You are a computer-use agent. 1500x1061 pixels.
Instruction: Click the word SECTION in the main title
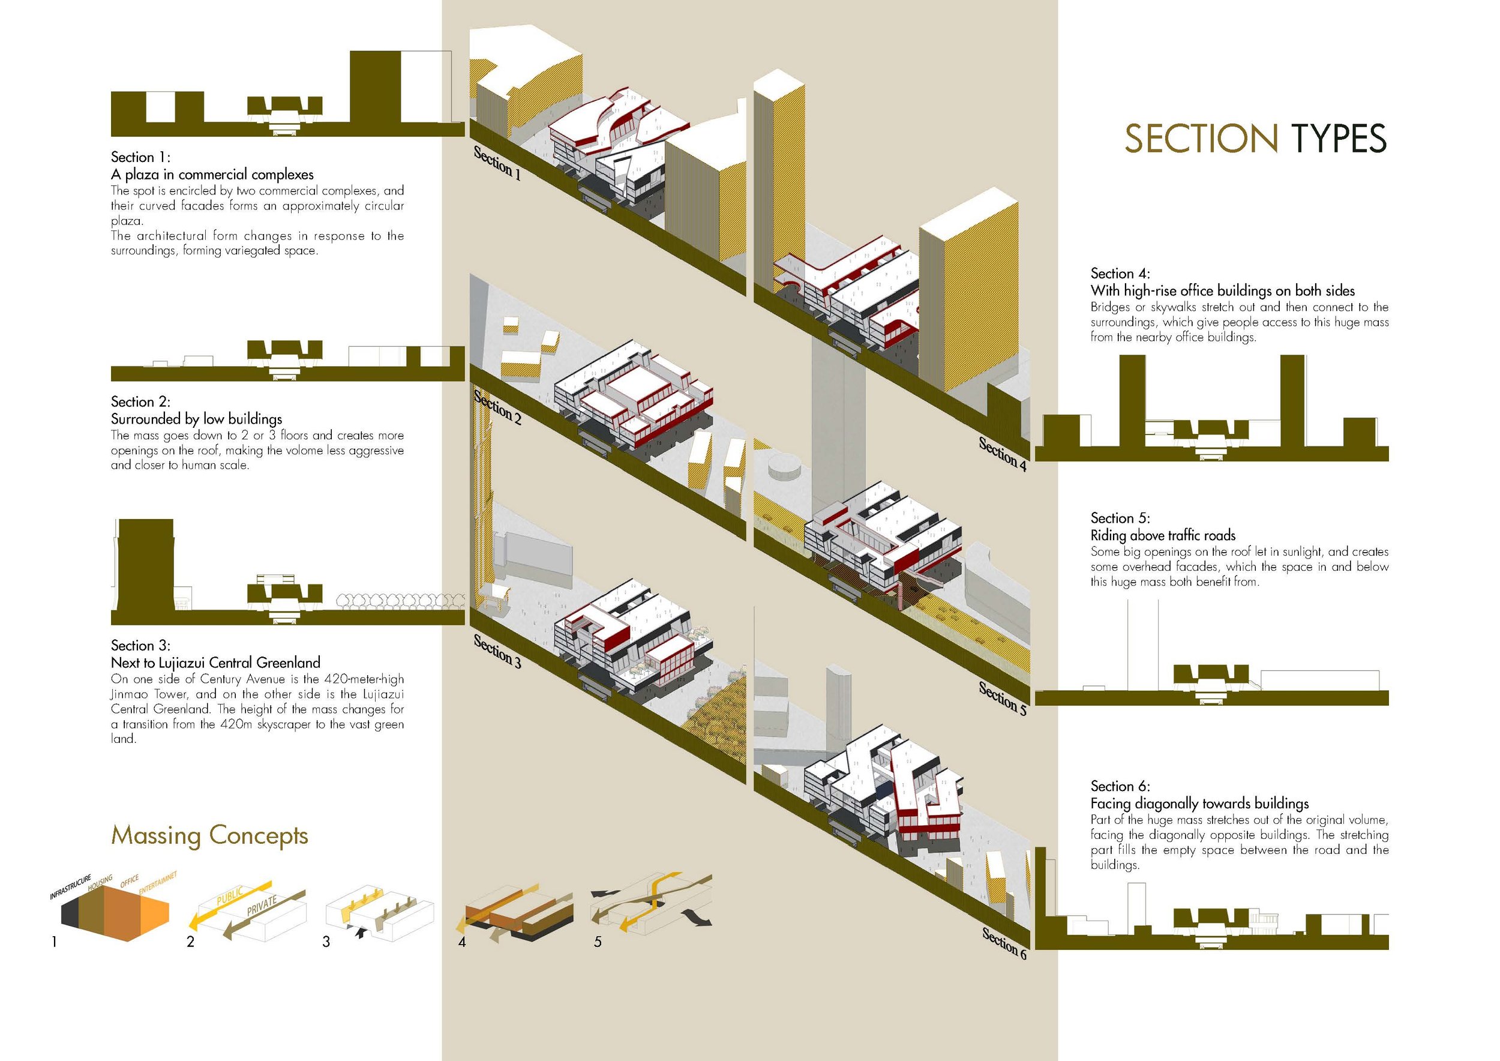pos(1201,139)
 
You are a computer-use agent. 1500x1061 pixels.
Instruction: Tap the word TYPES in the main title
pos(1338,139)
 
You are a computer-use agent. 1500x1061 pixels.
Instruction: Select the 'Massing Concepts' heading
pos(209,835)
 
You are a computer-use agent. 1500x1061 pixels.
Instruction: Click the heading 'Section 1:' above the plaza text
pos(140,157)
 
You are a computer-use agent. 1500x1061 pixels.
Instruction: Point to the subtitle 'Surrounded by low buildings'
pos(197,419)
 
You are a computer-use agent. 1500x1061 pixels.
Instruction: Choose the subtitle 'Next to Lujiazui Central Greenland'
pos(215,663)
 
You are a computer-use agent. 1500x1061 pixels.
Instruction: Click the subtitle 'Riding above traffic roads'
pos(1163,536)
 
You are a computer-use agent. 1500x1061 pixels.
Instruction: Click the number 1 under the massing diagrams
pos(54,942)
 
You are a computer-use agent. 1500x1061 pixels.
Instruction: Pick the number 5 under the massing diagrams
pos(597,942)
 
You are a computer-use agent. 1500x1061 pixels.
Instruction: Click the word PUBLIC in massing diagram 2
pos(229,896)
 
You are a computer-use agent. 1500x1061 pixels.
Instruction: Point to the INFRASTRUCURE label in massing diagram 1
pos(71,886)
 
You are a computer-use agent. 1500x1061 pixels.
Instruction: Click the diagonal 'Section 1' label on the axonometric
pos(497,164)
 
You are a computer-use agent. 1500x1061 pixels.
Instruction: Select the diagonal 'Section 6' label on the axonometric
pos(1004,943)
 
